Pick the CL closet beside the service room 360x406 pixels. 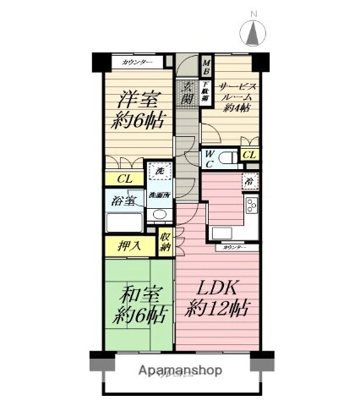(x=249, y=155)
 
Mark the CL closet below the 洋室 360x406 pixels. (x=123, y=178)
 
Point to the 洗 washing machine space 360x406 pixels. (x=158, y=173)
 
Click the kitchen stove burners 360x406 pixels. (x=251, y=206)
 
